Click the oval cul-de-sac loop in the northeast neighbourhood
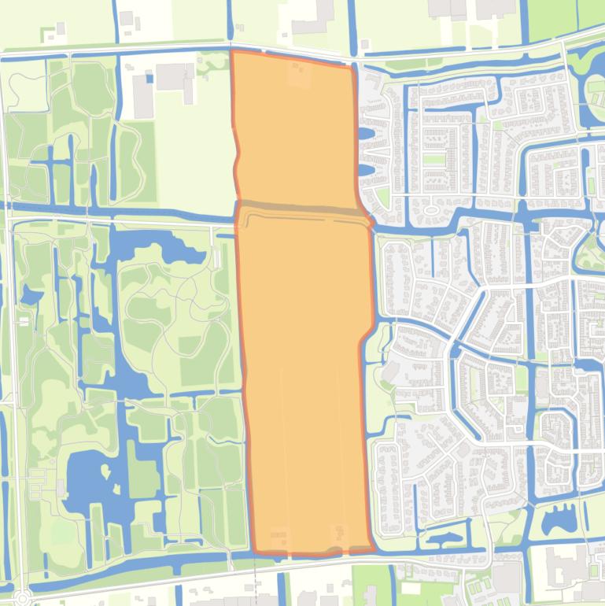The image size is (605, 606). (431, 209)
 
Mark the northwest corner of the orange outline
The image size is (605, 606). (232, 52)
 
